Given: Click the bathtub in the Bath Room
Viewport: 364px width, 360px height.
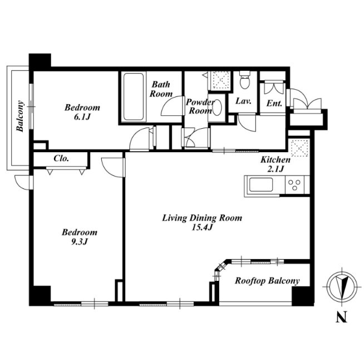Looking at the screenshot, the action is tap(133, 96).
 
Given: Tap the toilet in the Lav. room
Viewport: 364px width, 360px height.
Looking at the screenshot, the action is tap(245, 80).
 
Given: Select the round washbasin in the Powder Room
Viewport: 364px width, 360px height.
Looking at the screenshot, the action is tap(217, 108).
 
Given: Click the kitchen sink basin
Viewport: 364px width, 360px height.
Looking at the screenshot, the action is tap(261, 185).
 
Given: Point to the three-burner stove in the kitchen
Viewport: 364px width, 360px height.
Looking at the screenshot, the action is tap(294, 185).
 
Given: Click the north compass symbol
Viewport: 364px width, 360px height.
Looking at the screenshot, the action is tap(342, 286).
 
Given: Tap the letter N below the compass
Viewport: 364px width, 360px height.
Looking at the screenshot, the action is tap(341, 317).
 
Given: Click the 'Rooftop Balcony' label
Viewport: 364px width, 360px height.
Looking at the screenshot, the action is tap(267, 281).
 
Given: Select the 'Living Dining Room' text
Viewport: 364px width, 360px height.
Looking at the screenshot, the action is tap(202, 218).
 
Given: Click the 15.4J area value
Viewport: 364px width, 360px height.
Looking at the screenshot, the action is tap(202, 227).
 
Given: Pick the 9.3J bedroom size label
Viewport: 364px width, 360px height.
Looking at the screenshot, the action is tap(79, 242).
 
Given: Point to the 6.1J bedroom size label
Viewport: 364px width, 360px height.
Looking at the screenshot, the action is tap(82, 117).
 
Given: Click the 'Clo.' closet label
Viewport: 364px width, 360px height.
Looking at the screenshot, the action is tap(61, 158).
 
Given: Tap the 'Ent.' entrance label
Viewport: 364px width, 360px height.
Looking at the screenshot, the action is tap(274, 103).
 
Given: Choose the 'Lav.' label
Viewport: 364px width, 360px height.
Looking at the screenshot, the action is tap(244, 101).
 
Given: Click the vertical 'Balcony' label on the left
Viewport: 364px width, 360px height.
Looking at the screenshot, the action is tap(20, 116).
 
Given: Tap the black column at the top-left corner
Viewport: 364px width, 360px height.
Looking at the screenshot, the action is tap(40, 62).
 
